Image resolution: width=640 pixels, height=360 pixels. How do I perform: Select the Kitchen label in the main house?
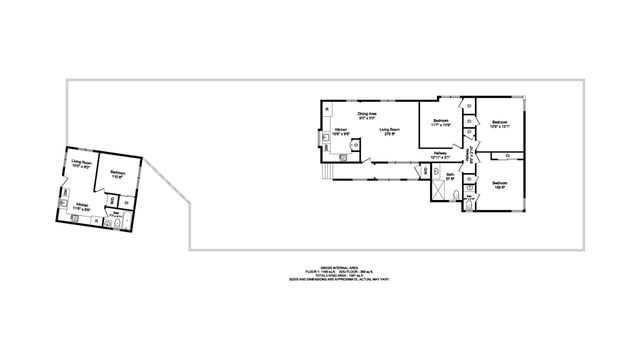click(341, 132)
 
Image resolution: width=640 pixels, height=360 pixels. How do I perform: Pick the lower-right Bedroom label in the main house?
click(499, 183)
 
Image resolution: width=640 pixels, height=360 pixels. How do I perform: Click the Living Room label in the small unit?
click(82, 162)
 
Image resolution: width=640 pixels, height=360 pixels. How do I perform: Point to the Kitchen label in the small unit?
click(81, 206)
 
